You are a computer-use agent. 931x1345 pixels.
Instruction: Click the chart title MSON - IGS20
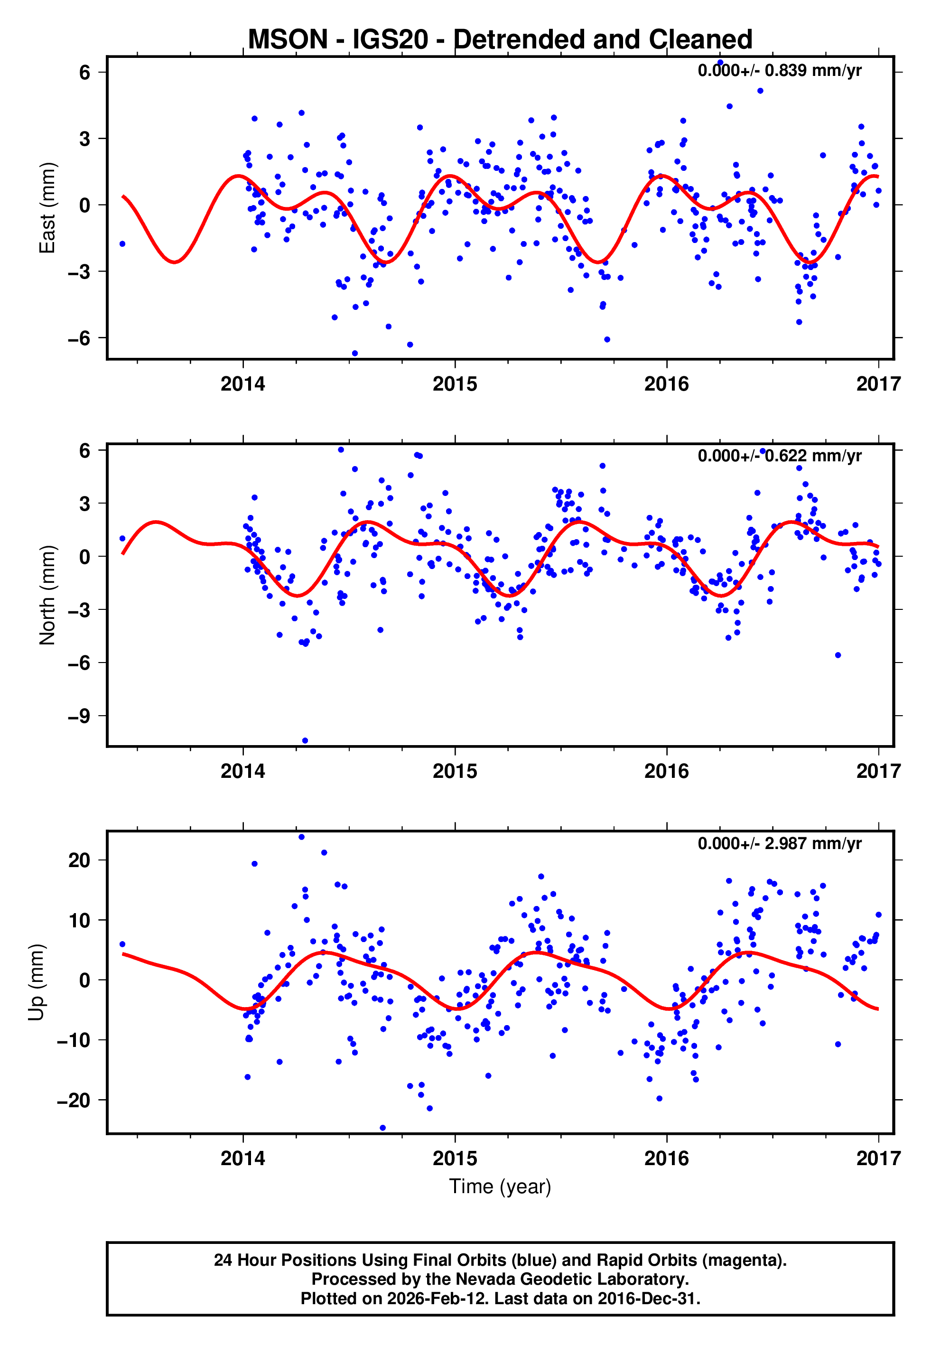[500, 40]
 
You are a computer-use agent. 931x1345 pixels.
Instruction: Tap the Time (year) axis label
[500, 1186]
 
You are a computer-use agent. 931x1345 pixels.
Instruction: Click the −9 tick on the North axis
[79, 716]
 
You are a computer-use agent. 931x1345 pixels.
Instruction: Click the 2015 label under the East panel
[455, 384]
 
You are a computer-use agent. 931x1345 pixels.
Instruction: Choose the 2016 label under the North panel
[666, 772]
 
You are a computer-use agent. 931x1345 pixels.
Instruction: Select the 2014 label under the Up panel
[242, 1158]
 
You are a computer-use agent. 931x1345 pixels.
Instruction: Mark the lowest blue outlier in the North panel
[305, 741]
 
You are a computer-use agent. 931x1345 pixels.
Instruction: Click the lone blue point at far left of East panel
[122, 244]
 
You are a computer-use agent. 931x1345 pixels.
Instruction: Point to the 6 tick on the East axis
[85, 72]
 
